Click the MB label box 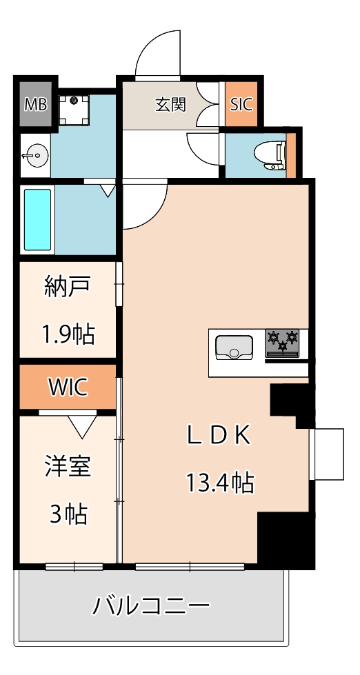pos(34,104)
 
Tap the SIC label pos(241,104)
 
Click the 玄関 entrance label pos(170,105)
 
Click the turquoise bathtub pos(38,219)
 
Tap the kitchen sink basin pos(234,346)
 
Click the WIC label pos(68,387)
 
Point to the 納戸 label pos(67,286)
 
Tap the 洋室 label pos(68,466)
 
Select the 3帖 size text pos(67,514)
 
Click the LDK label pos(219,435)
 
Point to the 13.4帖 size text pos(219,483)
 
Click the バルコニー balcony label pos(151,607)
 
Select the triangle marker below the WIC pos(83,427)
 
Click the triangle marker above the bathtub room pos(108,190)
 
